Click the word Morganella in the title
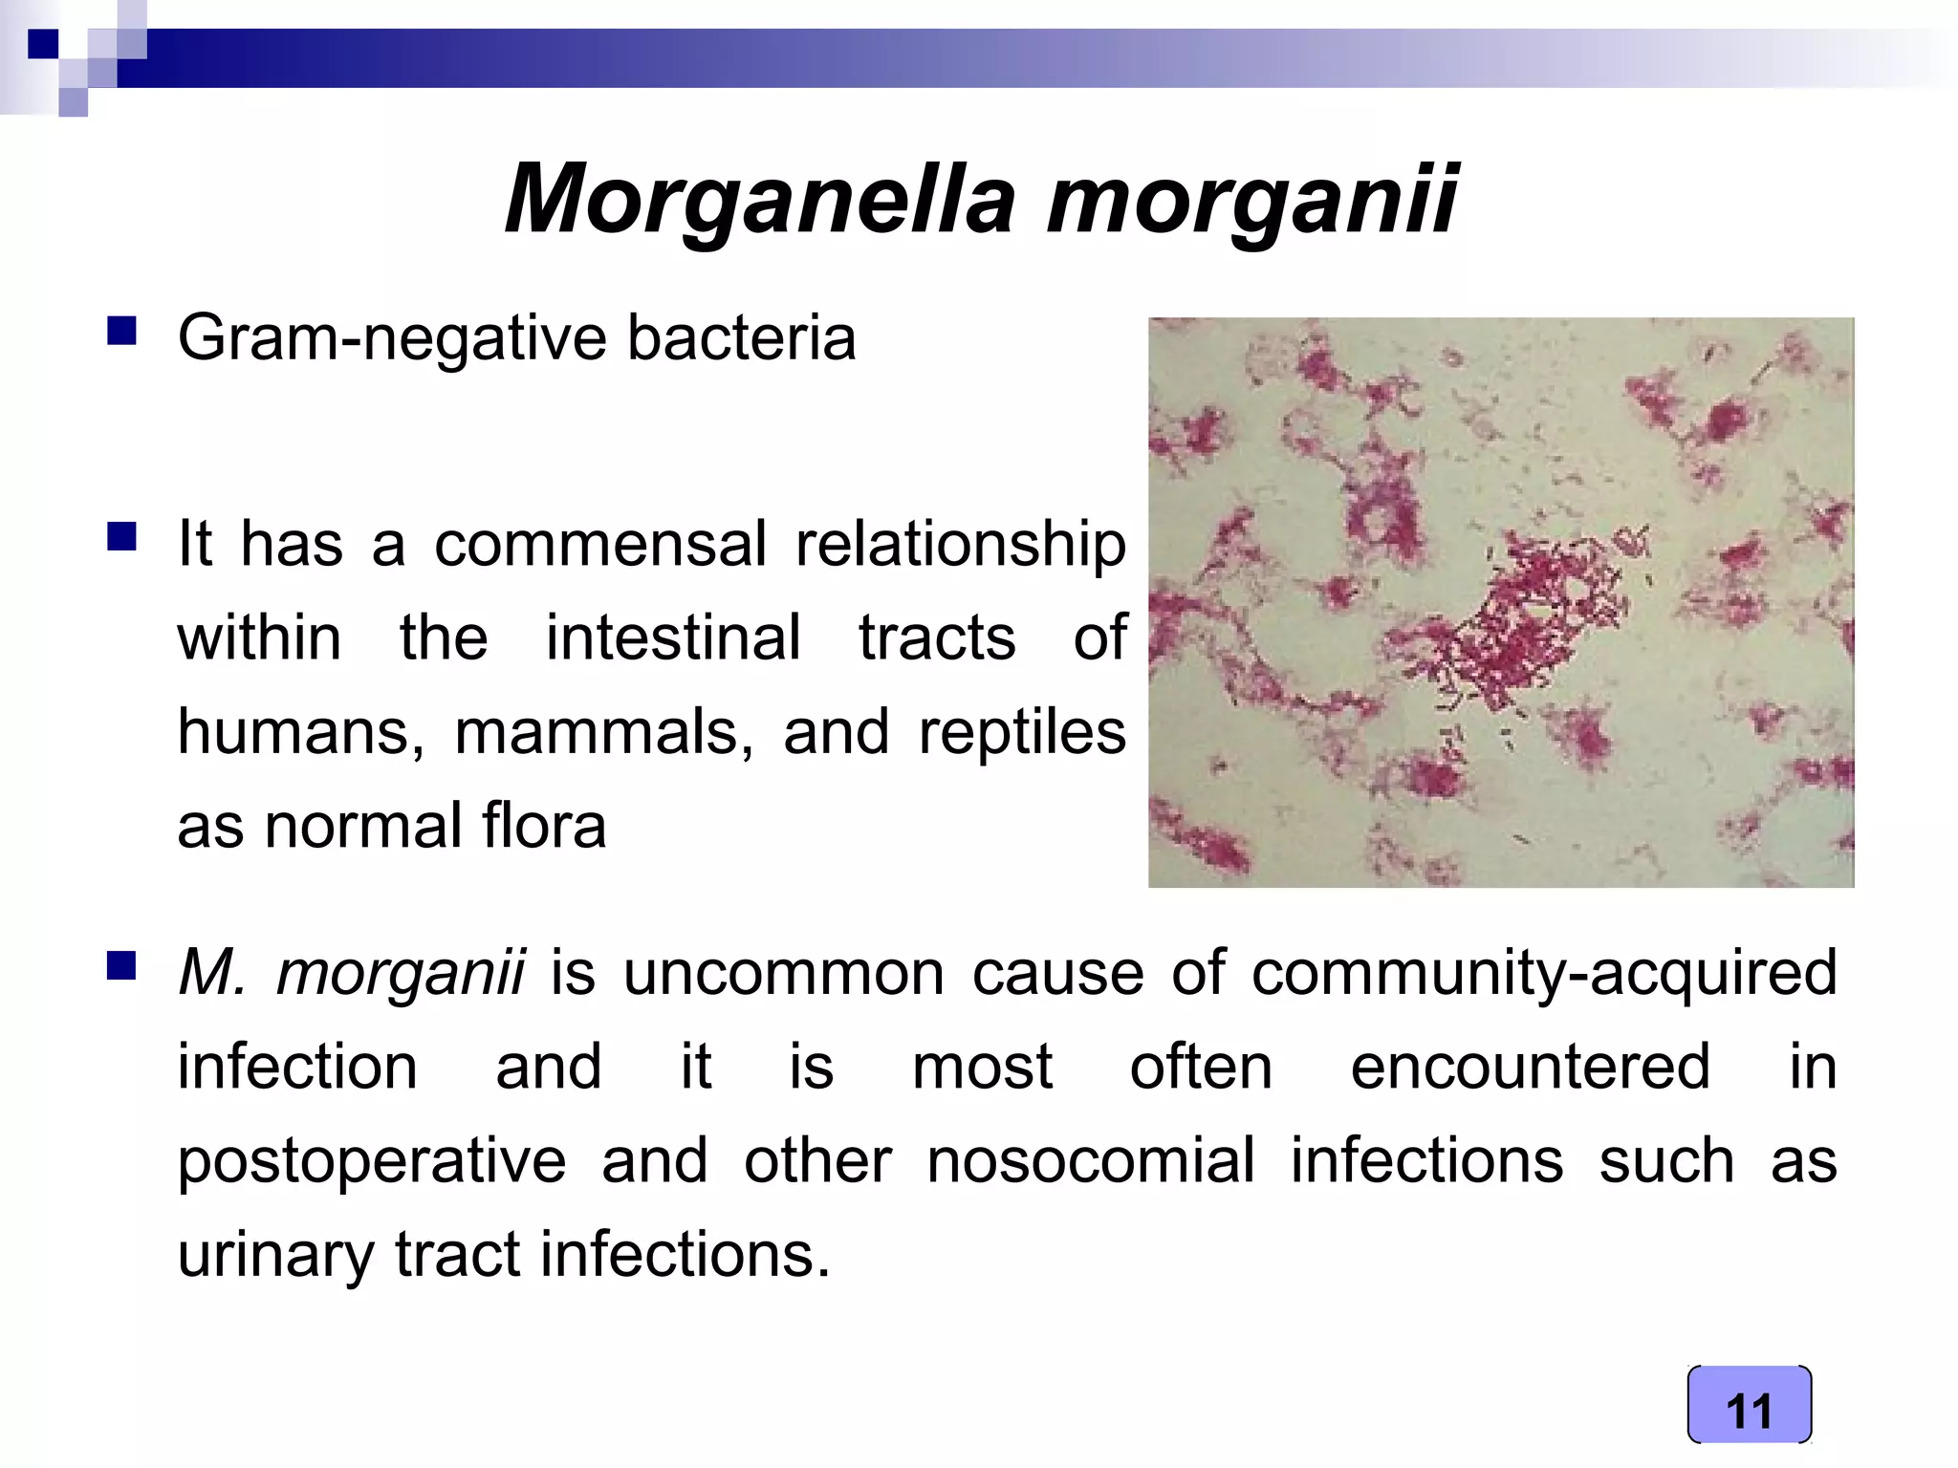pyautogui.click(x=760, y=199)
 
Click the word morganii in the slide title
pyautogui.click(x=1251, y=199)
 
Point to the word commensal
pyautogui.click(x=600, y=545)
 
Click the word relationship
pyautogui.click(x=961, y=545)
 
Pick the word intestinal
pyautogui.click(x=673, y=638)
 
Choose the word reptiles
pyautogui.click(x=1022, y=733)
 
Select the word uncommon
pyautogui.click(x=784, y=973)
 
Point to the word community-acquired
pyautogui.click(x=1544, y=973)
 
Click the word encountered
pyautogui.click(x=1530, y=1067)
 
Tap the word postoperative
pyautogui.click(x=372, y=1161)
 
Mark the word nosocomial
pyautogui.click(x=1091, y=1161)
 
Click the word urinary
pyautogui.click(x=275, y=1255)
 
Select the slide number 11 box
pyautogui.click(x=1749, y=1405)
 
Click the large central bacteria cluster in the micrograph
pyautogui.click(x=1530, y=621)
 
